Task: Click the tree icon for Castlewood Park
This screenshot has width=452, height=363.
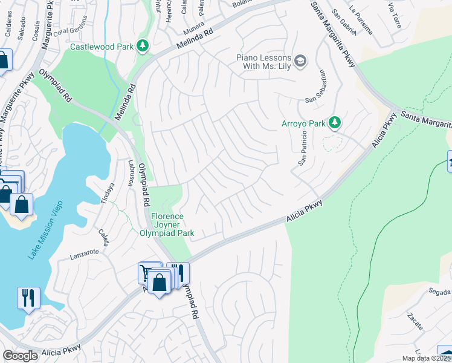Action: click(143, 46)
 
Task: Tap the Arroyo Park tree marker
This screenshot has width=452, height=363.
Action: click(334, 123)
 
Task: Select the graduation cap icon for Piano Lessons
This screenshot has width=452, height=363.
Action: click(300, 60)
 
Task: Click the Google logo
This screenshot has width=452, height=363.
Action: click(21, 356)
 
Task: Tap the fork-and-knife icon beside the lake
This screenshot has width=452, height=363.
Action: click(28, 298)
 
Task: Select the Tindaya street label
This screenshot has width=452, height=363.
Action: click(108, 194)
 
